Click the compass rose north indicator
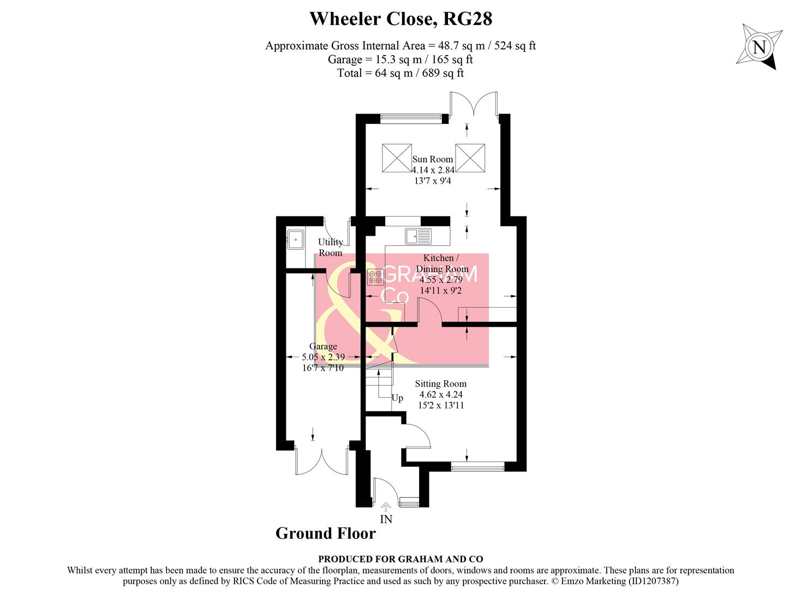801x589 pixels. click(759, 47)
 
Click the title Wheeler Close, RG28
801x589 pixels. click(400, 19)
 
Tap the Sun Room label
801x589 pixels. click(432, 159)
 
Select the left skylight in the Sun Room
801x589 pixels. click(397, 158)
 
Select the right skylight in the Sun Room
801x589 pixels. click(470, 158)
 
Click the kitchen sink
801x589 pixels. click(417, 236)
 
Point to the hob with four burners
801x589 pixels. click(375, 278)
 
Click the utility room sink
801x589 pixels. click(295, 239)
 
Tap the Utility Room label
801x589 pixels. click(331, 248)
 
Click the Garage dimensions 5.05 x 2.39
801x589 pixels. click(323, 357)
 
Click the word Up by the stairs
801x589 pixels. click(397, 398)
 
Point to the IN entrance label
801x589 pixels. click(386, 519)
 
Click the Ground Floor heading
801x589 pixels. click(325, 533)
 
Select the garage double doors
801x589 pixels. click(321, 461)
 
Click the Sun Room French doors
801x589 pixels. click(474, 104)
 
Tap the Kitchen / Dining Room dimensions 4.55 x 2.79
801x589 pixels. click(441, 280)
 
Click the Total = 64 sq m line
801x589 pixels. click(400, 73)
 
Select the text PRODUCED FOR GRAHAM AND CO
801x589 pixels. click(400, 559)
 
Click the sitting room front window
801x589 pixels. click(477, 467)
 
